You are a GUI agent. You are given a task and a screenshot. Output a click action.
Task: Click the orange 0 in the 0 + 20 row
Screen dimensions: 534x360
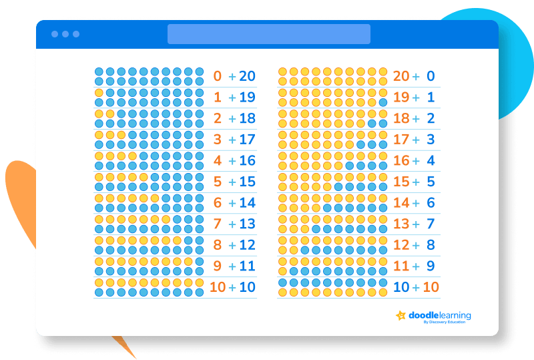(x=218, y=76)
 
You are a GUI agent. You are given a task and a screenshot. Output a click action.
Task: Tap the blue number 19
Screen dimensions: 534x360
(x=247, y=97)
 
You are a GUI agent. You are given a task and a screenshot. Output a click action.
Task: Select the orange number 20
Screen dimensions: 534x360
(x=401, y=76)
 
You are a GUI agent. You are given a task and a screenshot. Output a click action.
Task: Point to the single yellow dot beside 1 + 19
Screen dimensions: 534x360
(x=99, y=93)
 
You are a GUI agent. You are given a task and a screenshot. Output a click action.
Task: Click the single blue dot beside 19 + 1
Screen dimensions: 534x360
(x=382, y=102)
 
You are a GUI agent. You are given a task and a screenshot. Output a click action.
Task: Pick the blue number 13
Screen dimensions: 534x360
(x=247, y=224)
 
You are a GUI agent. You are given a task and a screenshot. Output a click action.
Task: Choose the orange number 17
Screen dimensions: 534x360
(x=401, y=140)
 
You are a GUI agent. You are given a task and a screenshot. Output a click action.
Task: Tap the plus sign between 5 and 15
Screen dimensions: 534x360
(x=232, y=182)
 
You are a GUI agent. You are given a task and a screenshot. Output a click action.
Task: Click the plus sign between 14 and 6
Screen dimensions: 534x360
(x=416, y=204)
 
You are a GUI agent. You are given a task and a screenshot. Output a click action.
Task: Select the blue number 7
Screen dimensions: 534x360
(x=431, y=224)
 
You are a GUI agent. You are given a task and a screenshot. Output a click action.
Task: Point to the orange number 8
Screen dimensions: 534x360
(x=218, y=244)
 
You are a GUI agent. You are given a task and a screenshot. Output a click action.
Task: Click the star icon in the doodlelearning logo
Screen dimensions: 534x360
(x=401, y=315)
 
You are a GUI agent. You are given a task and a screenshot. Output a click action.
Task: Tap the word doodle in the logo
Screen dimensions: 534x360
(x=423, y=315)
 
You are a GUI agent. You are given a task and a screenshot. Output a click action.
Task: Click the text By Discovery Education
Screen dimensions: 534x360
(x=445, y=322)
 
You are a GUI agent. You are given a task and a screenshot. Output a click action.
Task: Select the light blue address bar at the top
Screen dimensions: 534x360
(x=269, y=34)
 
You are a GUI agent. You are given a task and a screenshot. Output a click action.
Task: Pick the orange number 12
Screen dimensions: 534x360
(x=401, y=244)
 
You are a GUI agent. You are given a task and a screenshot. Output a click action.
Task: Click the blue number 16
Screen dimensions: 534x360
(x=247, y=160)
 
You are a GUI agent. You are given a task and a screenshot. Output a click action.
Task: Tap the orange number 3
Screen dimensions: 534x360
(x=218, y=140)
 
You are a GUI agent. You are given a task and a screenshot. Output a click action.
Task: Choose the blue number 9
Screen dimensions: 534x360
(x=431, y=266)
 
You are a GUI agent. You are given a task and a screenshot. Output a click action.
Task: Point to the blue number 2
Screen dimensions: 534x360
(x=431, y=118)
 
